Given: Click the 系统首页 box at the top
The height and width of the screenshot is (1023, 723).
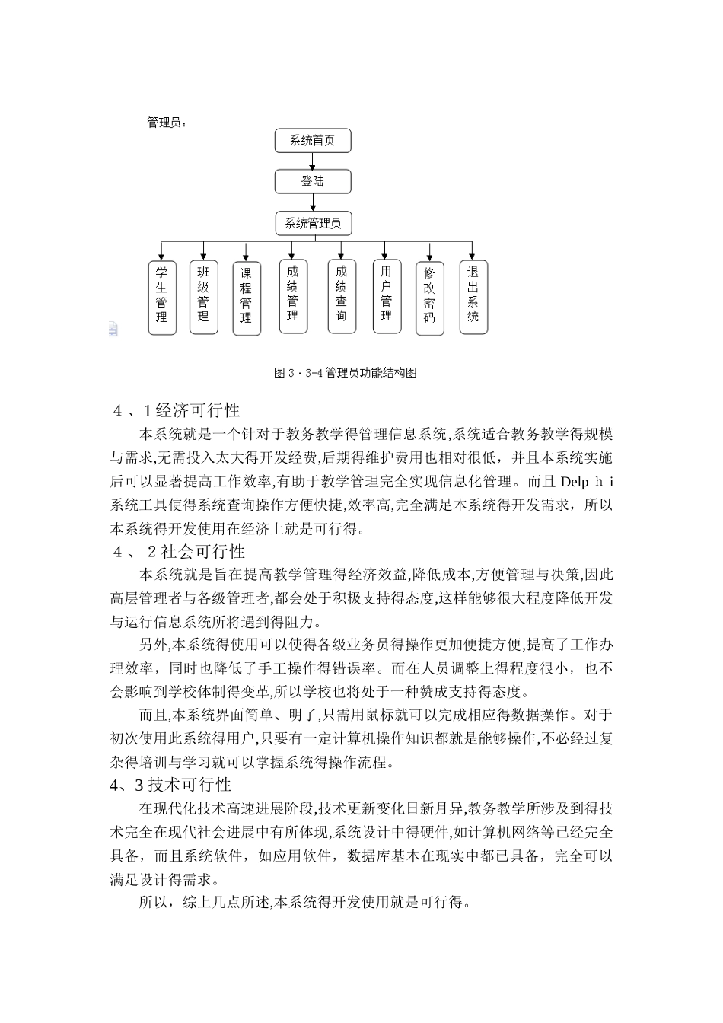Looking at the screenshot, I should (313, 141).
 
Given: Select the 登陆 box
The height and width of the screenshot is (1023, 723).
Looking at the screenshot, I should (313, 181).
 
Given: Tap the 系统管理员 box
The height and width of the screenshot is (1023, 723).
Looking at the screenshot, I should (313, 223).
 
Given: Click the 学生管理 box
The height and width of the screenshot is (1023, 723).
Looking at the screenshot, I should (161, 298).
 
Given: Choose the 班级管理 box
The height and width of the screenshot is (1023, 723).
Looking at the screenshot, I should (203, 298).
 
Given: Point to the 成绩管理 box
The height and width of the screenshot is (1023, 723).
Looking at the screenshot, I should (292, 297).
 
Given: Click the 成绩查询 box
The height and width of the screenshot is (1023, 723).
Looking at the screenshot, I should (341, 297).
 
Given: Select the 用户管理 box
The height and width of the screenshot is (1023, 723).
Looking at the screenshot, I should (387, 297).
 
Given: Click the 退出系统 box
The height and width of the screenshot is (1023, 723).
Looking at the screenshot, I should (473, 298).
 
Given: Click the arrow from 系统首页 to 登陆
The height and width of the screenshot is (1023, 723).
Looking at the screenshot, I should (313, 161).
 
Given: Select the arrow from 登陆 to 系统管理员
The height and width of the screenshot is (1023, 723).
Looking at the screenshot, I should (313, 202).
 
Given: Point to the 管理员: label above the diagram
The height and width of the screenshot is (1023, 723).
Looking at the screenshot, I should (166, 122).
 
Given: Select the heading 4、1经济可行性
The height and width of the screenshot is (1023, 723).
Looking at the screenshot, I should (176, 411).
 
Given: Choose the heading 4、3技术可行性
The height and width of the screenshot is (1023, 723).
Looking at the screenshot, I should (171, 784).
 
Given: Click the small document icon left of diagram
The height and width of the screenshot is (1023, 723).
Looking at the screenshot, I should (113, 329).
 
